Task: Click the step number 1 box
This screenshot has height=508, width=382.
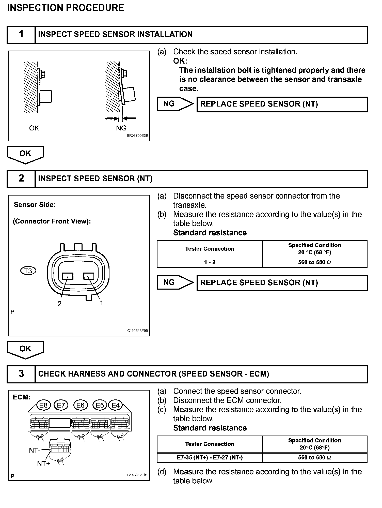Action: (x=21, y=35)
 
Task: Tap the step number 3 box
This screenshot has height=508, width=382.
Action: (x=21, y=374)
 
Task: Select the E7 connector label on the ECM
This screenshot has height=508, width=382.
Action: (x=61, y=405)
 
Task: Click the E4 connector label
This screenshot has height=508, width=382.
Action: (x=116, y=405)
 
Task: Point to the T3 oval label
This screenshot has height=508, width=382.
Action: (x=28, y=271)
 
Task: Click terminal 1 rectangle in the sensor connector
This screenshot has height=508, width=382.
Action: (x=89, y=276)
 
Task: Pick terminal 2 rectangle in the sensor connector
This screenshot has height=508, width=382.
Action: (x=68, y=276)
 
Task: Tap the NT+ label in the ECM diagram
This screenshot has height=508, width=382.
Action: (x=43, y=464)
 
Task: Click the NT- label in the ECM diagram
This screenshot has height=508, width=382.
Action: (x=35, y=450)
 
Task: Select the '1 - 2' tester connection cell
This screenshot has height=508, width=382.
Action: (x=210, y=262)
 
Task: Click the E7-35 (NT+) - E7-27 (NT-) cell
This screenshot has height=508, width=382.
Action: (x=210, y=457)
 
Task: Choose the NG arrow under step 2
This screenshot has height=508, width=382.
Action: (x=175, y=282)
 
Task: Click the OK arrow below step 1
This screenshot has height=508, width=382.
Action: (x=25, y=154)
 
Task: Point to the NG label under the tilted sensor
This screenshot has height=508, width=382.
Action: (x=121, y=128)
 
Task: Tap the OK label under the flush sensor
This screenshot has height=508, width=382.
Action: (x=34, y=128)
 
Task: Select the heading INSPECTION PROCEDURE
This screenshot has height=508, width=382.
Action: (x=66, y=8)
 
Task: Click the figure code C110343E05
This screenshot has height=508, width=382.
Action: (x=137, y=331)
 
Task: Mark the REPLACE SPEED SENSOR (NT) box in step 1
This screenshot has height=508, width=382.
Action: (x=282, y=104)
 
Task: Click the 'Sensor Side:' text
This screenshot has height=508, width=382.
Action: (x=35, y=205)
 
